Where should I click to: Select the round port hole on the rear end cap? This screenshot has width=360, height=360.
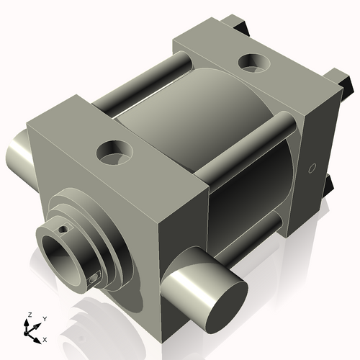253,63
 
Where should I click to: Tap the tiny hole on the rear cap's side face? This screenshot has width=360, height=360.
311,168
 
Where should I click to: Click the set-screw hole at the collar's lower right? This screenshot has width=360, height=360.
94,277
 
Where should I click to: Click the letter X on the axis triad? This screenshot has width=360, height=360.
44,338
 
